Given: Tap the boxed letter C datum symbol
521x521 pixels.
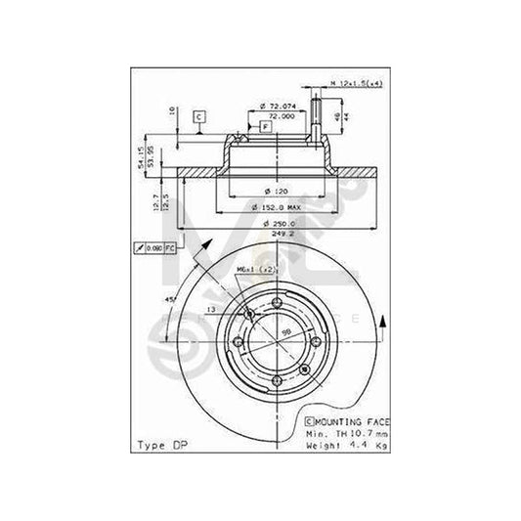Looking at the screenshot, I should [198, 117].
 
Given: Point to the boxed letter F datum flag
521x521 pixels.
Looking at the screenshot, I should [266, 127].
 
